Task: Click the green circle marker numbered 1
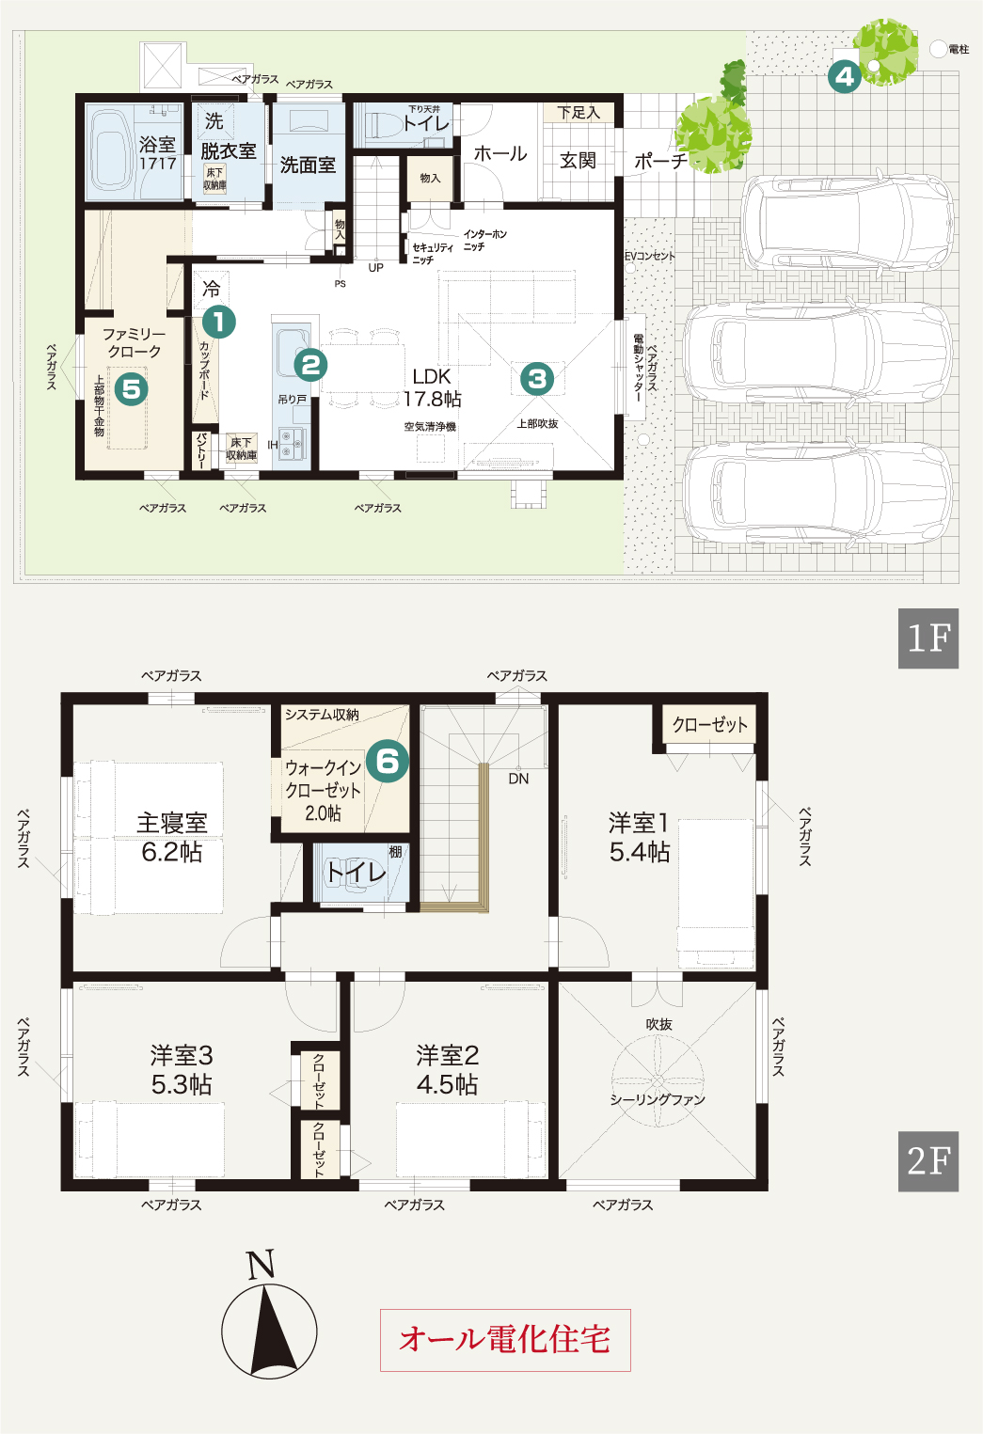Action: (219, 323)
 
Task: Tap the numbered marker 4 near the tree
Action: (845, 77)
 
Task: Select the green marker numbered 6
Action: (388, 761)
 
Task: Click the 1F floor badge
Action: (928, 638)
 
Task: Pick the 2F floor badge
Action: (928, 1161)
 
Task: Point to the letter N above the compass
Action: (261, 1265)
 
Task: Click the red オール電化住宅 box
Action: (505, 1340)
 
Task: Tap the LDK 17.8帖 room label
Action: (432, 388)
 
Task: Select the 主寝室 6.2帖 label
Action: (171, 838)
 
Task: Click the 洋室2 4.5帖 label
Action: (447, 1070)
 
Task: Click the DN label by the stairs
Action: (518, 779)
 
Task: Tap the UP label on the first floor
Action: (376, 268)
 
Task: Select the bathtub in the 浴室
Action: (111, 152)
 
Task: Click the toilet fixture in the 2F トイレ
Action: (349, 873)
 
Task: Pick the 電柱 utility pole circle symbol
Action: (938, 49)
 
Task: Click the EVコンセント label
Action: (649, 256)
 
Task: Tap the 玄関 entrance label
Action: (578, 161)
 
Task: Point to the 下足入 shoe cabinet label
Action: (579, 113)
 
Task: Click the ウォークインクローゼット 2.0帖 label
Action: (324, 790)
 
